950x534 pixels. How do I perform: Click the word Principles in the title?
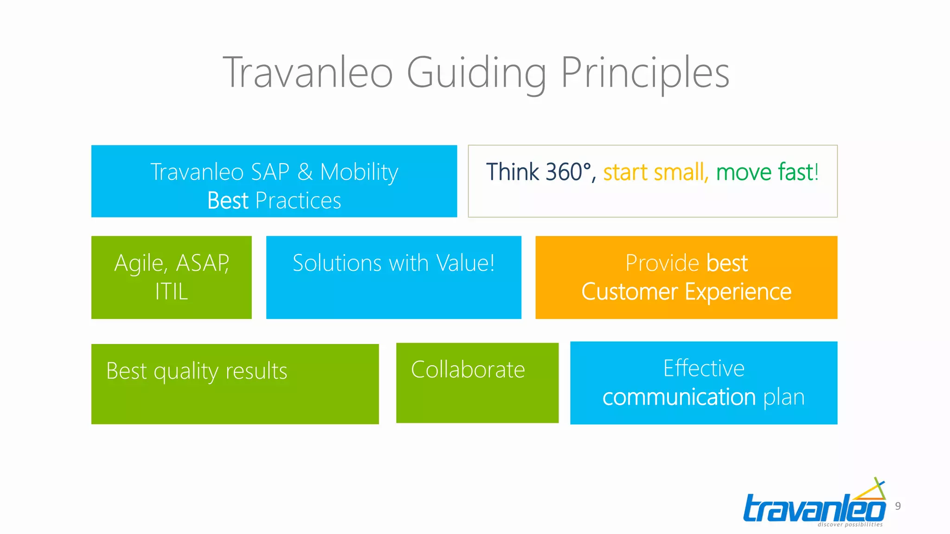(x=645, y=73)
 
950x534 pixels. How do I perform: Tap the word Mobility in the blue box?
(x=359, y=172)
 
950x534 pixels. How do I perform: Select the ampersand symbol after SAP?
(x=305, y=172)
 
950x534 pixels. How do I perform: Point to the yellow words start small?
(x=655, y=172)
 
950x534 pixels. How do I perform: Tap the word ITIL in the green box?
(x=171, y=292)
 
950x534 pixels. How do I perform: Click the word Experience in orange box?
(x=738, y=292)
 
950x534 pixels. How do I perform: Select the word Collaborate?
(x=468, y=370)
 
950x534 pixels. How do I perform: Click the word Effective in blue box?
(x=704, y=369)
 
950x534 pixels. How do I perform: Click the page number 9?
(x=898, y=506)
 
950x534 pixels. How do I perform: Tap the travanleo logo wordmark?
(x=814, y=509)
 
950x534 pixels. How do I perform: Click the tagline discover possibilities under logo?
(x=850, y=525)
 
